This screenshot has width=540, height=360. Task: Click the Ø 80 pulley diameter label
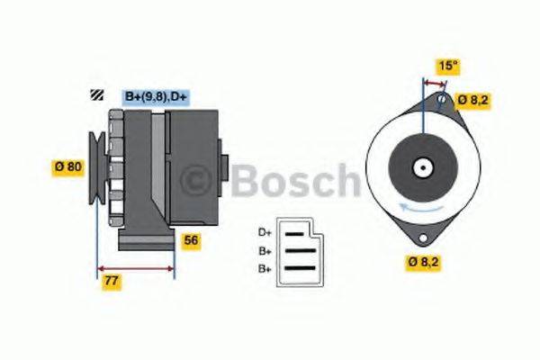pos(67,166)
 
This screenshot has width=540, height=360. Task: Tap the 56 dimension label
pos(191,240)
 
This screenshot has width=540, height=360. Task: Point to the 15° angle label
pos(447,65)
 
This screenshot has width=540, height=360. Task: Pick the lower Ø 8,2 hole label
pos(423,262)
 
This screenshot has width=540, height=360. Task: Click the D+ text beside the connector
pos(265,232)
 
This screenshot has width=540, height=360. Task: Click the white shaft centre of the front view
pos(421,167)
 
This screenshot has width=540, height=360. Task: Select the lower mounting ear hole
pos(420,238)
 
